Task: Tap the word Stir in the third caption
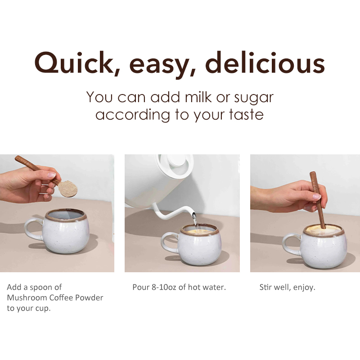click(x=265, y=287)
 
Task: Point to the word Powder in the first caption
click(x=90, y=298)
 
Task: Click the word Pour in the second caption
click(x=140, y=287)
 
